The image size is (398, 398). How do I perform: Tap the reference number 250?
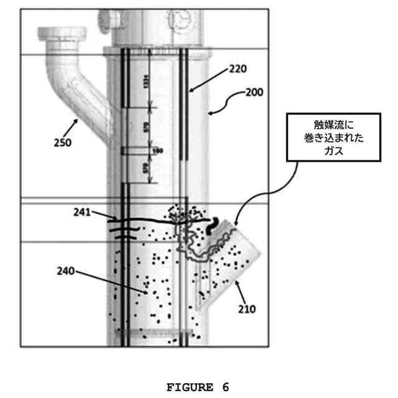(x=62, y=142)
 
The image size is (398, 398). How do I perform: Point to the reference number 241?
(x=83, y=213)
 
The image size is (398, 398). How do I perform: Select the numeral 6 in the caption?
(x=225, y=387)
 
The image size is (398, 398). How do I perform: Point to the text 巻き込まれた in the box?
(x=325, y=137)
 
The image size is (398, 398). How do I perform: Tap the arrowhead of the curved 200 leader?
(x=210, y=113)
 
